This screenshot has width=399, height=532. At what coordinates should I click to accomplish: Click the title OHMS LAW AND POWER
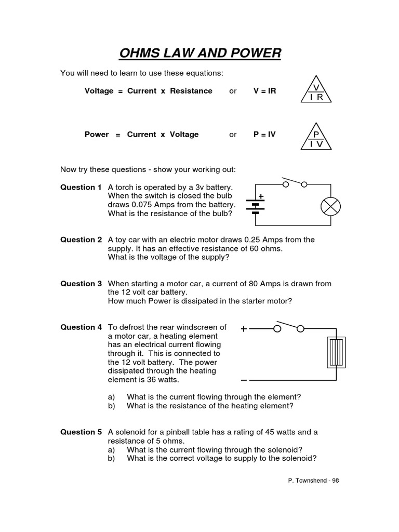click(x=200, y=53)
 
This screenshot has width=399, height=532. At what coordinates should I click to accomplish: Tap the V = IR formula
click(x=264, y=91)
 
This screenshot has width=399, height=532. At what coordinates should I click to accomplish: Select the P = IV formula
click(x=264, y=135)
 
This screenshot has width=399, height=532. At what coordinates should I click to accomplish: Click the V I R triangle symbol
click(x=316, y=92)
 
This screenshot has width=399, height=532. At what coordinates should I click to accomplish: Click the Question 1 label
click(x=81, y=187)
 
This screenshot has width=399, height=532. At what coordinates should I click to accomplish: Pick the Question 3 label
click(x=81, y=284)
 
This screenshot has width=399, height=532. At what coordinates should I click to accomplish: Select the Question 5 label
click(x=81, y=432)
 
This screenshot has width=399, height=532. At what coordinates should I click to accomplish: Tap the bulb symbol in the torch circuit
click(x=330, y=206)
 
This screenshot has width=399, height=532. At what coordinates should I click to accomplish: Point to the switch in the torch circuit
click(x=294, y=182)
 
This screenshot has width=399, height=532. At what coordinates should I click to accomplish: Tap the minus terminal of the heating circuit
click(x=244, y=380)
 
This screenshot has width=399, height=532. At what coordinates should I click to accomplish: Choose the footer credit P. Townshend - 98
click(x=313, y=481)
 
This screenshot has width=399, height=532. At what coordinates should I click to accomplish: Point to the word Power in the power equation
click(x=97, y=135)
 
